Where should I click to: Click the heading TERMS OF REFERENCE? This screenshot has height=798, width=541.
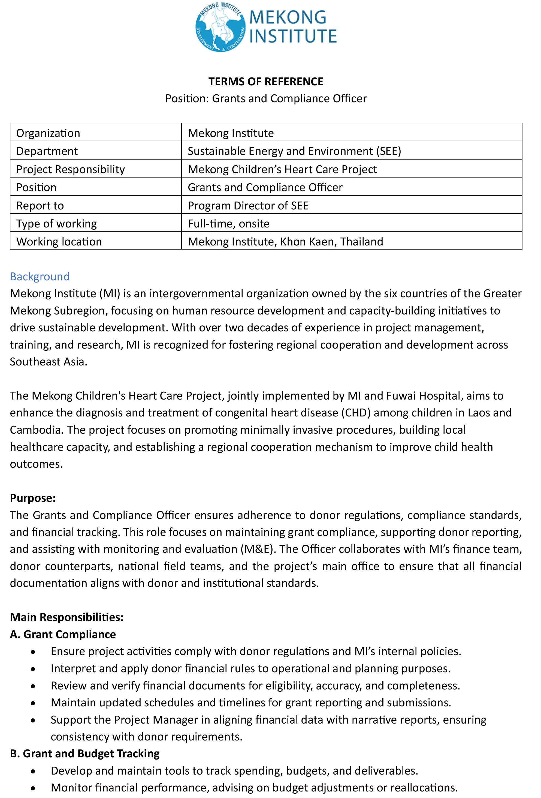point(266,82)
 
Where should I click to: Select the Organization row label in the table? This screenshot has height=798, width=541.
point(48,133)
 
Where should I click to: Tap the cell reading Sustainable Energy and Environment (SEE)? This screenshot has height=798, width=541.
point(294,151)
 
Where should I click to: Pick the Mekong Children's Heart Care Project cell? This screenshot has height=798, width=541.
point(282,169)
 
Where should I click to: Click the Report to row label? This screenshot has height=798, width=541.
point(40,206)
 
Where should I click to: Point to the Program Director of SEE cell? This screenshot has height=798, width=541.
point(248,206)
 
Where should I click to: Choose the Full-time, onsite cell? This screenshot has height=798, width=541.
point(228,224)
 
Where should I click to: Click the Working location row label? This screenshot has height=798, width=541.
point(59,242)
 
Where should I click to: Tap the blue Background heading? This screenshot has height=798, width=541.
point(40,277)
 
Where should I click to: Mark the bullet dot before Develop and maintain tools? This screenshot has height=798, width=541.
point(33,771)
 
